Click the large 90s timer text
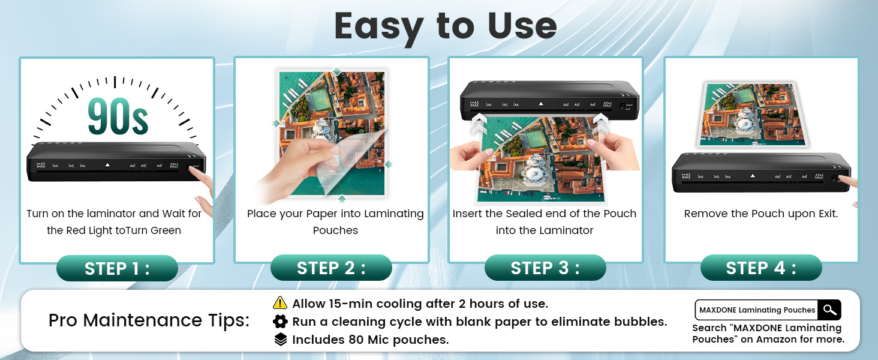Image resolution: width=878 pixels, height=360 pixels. coord(118,115)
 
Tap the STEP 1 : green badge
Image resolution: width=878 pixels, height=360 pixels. coord(117,268)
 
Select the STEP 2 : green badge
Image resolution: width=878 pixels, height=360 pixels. coord(331,268)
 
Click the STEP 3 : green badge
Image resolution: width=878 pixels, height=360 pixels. coord(545,268)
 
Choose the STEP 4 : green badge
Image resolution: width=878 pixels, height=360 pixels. coord(760,268)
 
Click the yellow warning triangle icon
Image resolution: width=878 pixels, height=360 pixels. coord(279,303)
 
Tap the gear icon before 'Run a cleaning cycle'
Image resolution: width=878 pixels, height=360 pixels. coord(279,322)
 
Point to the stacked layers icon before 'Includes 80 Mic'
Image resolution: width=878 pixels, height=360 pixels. coord(279,340)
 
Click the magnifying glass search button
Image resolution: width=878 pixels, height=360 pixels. coord(829,310)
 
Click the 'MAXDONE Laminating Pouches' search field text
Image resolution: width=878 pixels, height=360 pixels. coord(757,310)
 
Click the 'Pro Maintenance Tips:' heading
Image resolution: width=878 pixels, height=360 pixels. coord(149,320)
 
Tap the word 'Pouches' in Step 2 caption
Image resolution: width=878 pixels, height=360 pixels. coord(335,230)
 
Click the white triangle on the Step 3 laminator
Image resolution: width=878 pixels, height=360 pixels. coord(541,104)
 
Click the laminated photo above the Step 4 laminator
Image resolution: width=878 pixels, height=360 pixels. coord(753,115)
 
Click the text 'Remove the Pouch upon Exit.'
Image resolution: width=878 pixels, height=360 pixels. coord(760,214)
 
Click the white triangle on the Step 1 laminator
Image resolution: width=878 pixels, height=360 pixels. coord(107,164)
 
